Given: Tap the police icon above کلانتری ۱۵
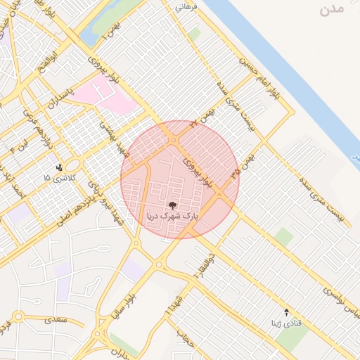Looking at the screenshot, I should point(59,167).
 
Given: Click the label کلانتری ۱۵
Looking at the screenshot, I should point(57,179).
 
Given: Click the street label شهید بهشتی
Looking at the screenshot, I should point(111,138).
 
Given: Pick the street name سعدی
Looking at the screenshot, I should point(56,319).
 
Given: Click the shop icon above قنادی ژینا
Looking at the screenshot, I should point(286,311).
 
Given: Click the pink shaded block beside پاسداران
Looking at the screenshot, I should point(105,95).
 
